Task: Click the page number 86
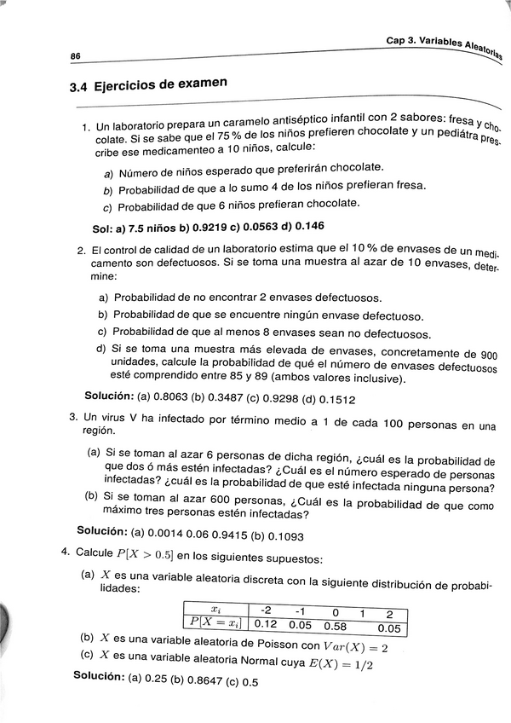75,55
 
